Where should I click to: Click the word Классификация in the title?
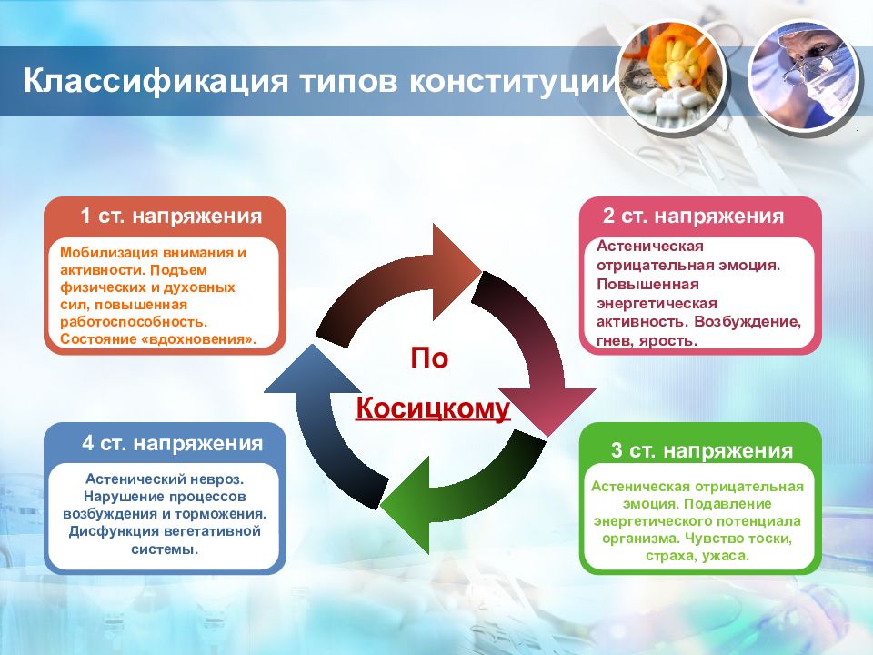pos(156,81)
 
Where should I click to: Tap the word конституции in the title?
pos(513,80)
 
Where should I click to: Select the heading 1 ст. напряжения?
pos(171,216)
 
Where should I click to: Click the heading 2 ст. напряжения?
pos(693,216)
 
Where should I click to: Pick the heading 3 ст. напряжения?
pos(701,450)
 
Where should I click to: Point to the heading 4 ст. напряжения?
pos(172,443)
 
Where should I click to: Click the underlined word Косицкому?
pos(433,408)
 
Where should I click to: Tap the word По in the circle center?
pos(429,358)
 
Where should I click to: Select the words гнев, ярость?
pos(647,341)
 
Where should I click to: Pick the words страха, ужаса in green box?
pos(697,556)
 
